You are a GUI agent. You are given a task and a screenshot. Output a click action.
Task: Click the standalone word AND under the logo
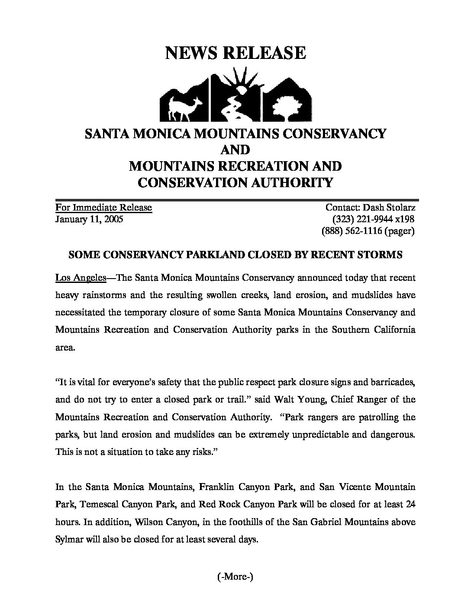tap(235, 149)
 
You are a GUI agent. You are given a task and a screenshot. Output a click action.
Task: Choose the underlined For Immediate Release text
tap(103, 207)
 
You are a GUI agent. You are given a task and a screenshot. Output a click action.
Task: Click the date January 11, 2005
tap(89, 219)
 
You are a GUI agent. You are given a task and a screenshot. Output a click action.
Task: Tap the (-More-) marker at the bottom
tap(234, 576)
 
